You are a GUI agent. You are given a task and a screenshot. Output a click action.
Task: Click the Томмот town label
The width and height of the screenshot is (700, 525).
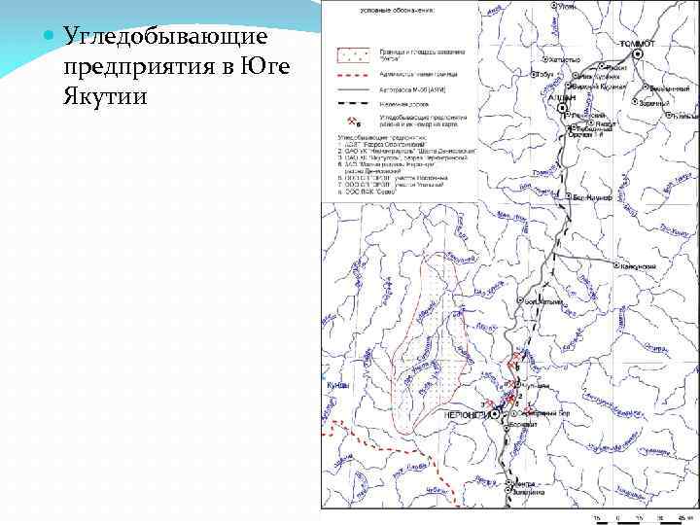tap(638, 43)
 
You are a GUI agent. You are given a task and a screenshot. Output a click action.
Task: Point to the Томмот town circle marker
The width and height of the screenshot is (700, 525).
tap(637, 54)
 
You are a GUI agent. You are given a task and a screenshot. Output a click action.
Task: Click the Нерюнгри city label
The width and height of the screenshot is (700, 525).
tap(465, 414)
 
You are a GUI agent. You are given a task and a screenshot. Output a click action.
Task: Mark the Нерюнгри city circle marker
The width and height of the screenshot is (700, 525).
tap(495, 414)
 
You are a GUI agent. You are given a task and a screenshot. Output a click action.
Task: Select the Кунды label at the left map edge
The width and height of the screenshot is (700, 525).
tap(337, 385)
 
